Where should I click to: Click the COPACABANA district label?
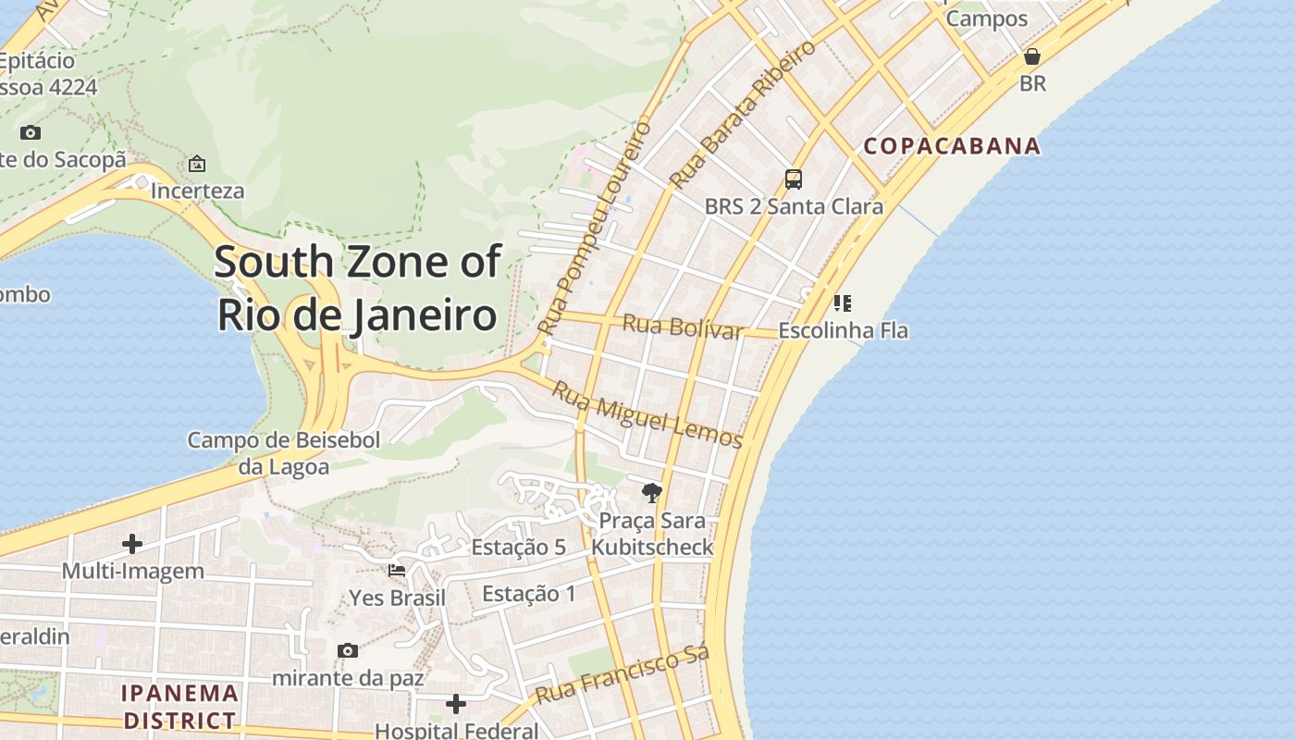(x=952, y=146)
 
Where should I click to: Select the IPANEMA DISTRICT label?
(x=180, y=706)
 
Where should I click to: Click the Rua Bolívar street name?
(x=683, y=327)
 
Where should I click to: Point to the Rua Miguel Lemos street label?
(x=647, y=414)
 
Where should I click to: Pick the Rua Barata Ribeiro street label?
(x=745, y=114)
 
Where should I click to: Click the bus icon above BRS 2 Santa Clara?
(x=793, y=179)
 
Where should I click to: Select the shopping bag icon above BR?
(x=1032, y=57)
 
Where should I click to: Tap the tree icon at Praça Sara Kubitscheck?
(x=652, y=492)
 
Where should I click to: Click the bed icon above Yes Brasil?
(x=397, y=571)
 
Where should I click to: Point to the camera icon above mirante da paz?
(x=348, y=651)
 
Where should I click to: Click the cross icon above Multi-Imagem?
(x=132, y=544)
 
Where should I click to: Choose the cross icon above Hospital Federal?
(x=456, y=705)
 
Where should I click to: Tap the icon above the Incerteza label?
(x=197, y=165)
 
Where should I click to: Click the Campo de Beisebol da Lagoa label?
(x=284, y=453)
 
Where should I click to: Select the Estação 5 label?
(x=518, y=547)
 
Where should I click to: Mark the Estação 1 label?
(x=528, y=594)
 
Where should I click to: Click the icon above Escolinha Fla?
(x=842, y=303)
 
